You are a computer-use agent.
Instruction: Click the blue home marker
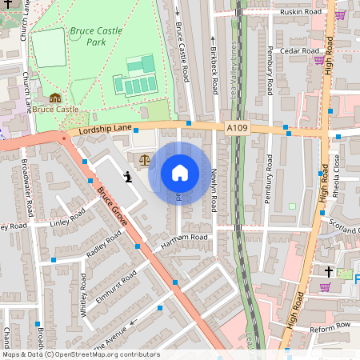click(x=180, y=173)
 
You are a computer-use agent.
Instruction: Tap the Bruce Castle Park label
click(x=96, y=36)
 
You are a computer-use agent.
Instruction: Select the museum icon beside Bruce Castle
click(x=54, y=98)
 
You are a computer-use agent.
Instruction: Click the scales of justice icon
click(x=144, y=159)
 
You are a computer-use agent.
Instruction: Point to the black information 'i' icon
click(x=126, y=175)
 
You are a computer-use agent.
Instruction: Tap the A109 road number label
click(x=237, y=127)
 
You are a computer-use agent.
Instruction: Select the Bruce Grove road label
click(x=113, y=205)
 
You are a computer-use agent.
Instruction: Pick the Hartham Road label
click(x=183, y=238)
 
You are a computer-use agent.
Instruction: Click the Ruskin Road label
click(x=301, y=13)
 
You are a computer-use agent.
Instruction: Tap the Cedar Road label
click(x=300, y=50)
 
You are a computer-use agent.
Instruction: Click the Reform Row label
click(x=331, y=326)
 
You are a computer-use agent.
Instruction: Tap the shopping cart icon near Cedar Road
click(x=319, y=60)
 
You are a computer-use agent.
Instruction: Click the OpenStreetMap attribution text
click(x=80, y=354)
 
